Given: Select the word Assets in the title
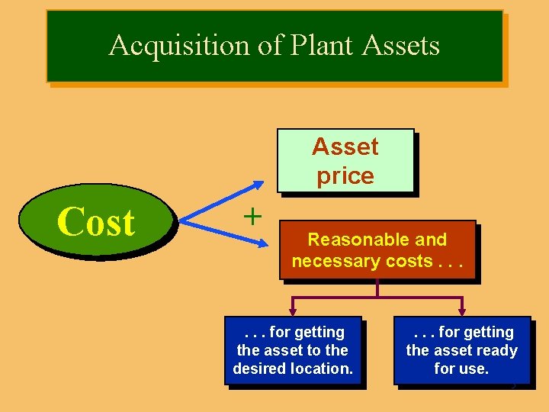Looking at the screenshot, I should tap(401, 46).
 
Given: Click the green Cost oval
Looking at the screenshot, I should tap(96, 223).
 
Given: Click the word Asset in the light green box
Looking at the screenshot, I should tap(345, 146).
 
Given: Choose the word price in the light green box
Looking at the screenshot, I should tap(345, 176).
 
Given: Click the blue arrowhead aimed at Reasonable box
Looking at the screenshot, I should tap(262, 244).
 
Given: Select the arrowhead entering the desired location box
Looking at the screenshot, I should tap(292, 311).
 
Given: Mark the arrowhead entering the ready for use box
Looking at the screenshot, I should tap(461, 311).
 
